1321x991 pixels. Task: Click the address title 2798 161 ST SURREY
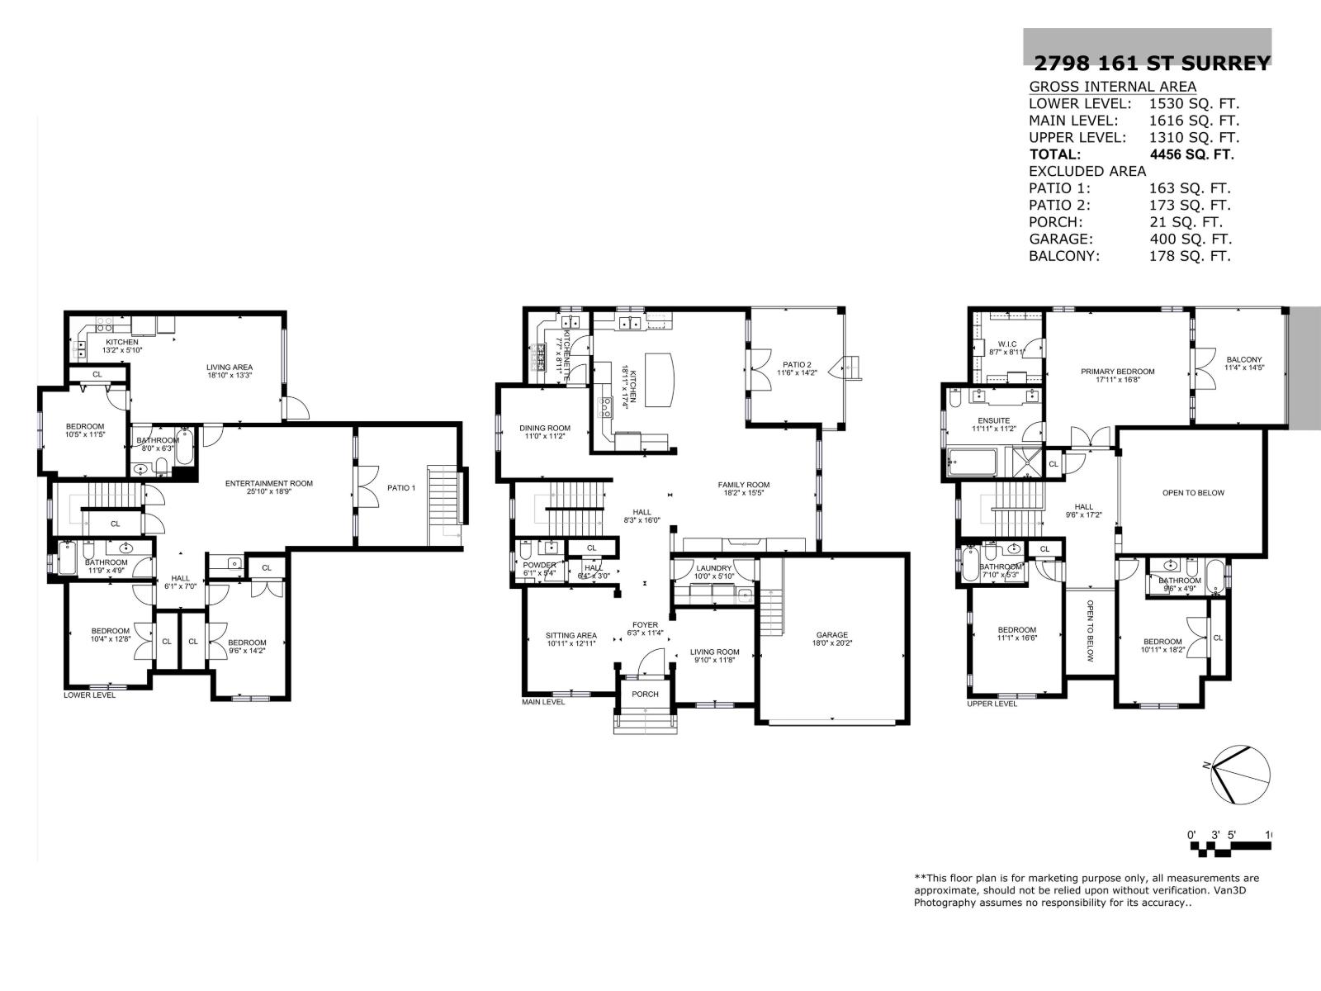click(x=1152, y=64)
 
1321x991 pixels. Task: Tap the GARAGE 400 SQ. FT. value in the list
click(x=1190, y=239)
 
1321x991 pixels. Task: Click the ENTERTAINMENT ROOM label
click(x=269, y=483)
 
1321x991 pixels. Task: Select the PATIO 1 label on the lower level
click(x=401, y=488)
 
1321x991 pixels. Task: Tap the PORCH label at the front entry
click(x=645, y=694)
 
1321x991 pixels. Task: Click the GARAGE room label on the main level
click(x=831, y=635)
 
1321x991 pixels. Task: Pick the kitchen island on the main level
click(x=659, y=379)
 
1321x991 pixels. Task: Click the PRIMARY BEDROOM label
click(x=1117, y=372)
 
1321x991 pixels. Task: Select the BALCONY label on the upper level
click(x=1243, y=359)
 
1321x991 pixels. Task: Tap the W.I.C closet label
click(x=1006, y=344)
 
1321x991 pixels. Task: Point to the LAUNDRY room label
click(x=713, y=568)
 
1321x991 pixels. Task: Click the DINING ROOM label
click(x=545, y=428)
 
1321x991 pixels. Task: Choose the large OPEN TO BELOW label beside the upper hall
click(x=1193, y=493)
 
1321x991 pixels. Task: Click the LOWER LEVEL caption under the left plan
click(x=89, y=695)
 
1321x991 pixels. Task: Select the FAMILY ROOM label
click(x=743, y=485)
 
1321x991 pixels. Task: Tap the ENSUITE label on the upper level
click(x=993, y=420)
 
